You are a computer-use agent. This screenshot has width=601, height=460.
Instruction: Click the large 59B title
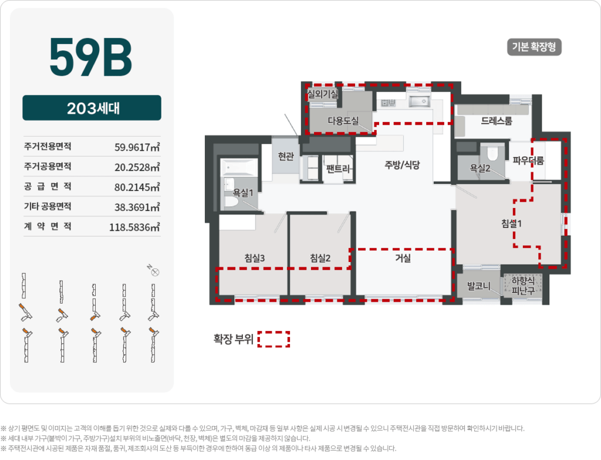tap(91, 58)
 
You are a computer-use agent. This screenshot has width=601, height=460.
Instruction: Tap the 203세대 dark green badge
tap(92, 108)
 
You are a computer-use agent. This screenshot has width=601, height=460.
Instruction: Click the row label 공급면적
tap(48, 186)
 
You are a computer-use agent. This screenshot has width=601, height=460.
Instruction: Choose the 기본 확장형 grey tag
tap(534, 47)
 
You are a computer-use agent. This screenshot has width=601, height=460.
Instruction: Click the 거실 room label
tap(403, 258)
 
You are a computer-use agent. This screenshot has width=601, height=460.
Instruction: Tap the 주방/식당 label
tap(402, 165)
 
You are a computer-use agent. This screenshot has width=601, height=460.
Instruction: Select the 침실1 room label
tap(512, 223)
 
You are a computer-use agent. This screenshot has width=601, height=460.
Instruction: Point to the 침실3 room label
tap(255, 258)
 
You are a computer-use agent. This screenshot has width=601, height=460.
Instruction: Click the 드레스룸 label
tap(497, 121)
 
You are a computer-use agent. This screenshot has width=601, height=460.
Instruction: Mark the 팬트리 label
tap(338, 169)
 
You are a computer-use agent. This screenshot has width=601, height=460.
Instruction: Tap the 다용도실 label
tap(343, 121)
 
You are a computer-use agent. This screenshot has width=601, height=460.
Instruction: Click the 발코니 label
tap(478, 287)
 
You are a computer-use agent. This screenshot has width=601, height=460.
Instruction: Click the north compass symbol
tap(156, 271)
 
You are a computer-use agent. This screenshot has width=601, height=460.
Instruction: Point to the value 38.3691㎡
tap(137, 207)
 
